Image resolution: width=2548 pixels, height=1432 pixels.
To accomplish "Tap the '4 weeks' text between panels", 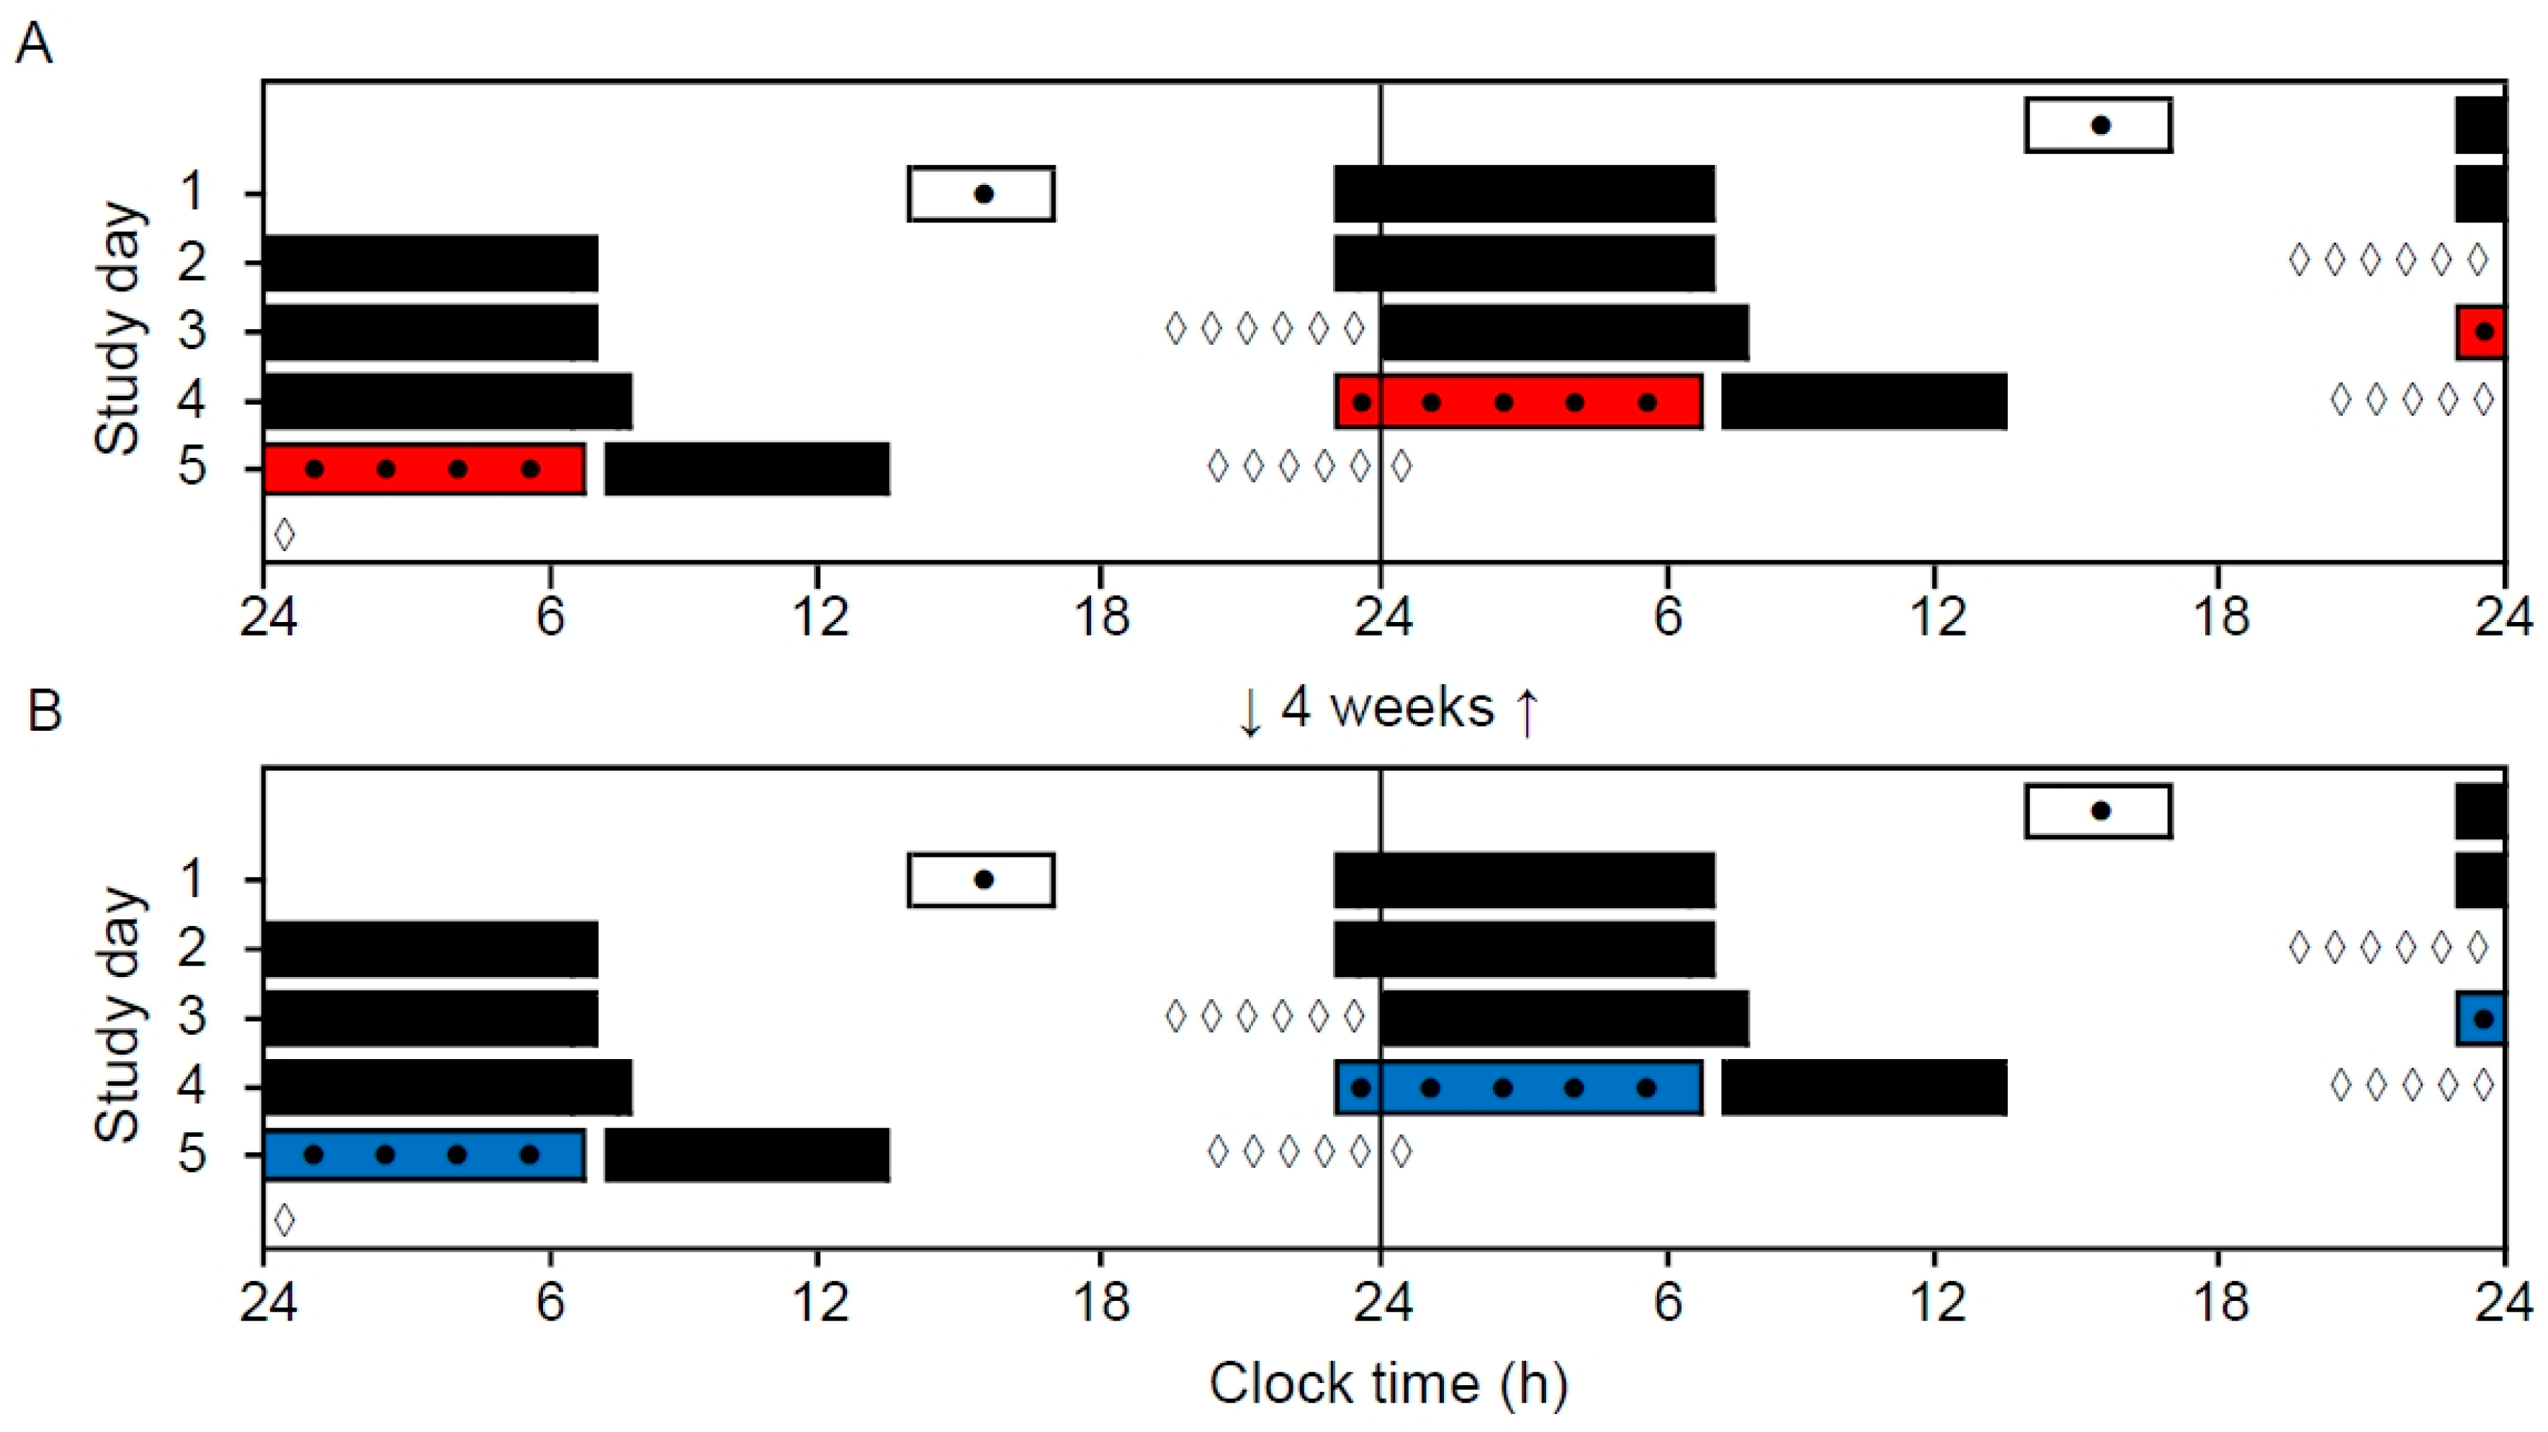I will (1387, 708).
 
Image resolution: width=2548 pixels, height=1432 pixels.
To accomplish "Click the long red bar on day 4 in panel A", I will (1517, 402).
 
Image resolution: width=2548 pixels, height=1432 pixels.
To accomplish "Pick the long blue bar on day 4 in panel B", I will (1517, 1088).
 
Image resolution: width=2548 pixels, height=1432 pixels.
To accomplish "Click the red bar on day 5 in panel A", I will (423, 469).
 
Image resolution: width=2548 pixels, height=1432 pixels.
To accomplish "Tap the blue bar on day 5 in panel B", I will (423, 1154).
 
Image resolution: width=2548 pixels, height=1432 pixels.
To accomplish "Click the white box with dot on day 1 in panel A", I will (981, 194).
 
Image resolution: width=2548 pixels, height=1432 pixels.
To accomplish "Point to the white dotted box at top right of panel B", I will (2098, 811).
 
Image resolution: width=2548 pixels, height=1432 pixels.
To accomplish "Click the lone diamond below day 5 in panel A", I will (284, 534).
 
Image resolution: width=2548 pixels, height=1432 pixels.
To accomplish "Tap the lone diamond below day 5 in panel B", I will (284, 1220).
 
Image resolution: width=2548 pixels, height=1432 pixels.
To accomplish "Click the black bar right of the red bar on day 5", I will (747, 469).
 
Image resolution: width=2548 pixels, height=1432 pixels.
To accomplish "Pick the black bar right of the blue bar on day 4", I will (1864, 1088).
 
